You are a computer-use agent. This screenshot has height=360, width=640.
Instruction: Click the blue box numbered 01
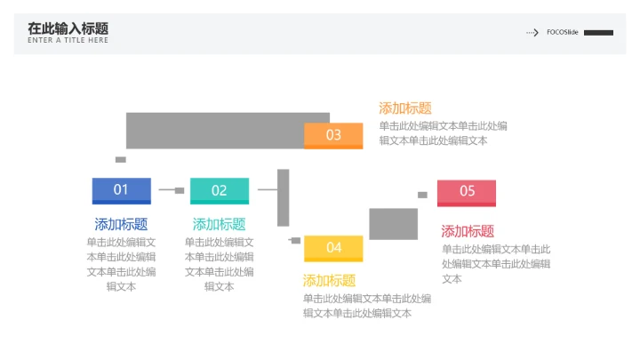121,189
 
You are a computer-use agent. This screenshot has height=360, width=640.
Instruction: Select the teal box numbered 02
219,190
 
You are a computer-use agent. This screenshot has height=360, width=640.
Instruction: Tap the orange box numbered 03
333,135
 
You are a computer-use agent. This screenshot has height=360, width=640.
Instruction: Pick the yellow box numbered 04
333,247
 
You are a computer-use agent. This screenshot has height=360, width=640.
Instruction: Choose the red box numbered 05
467,191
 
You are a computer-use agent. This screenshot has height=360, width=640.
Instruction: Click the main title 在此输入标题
68,28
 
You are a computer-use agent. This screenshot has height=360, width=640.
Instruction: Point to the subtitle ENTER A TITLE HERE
68,41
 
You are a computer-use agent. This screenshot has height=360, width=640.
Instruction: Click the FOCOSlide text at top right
562,32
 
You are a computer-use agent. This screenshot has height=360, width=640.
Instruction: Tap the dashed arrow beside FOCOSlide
532,32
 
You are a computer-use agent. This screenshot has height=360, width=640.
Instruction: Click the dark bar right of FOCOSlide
598,32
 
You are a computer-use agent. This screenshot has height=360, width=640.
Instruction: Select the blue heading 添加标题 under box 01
121,224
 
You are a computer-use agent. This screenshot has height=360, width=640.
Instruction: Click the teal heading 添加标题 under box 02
219,224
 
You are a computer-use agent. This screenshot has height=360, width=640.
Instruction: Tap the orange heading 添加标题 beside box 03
405,108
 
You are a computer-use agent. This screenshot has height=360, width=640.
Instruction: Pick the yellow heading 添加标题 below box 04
329,280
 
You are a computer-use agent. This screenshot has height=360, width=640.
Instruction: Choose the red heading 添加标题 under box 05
468,231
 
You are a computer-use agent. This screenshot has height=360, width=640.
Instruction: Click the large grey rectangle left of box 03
213,130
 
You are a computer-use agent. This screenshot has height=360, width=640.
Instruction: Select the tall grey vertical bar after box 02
284,197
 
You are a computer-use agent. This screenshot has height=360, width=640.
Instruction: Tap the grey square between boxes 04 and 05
393,223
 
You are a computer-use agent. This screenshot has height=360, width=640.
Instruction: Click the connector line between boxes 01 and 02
167,190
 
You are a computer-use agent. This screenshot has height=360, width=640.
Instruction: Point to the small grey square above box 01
121,160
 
